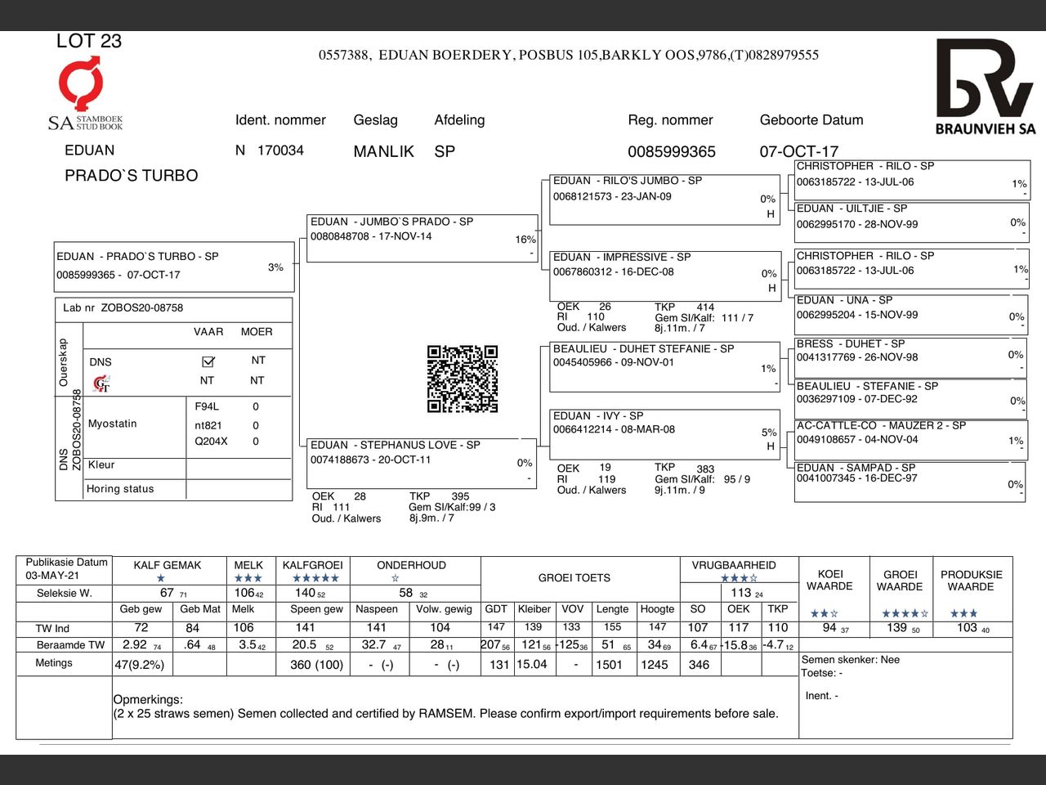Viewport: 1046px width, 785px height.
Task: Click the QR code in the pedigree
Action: [x=463, y=379]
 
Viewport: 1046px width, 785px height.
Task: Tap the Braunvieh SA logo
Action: [x=985, y=85]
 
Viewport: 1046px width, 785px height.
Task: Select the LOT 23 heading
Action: [x=88, y=41]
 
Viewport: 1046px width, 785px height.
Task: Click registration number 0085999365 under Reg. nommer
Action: [x=671, y=151]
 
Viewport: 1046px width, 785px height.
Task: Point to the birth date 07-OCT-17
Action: [x=798, y=151]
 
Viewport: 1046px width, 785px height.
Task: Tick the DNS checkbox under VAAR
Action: [x=208, y=361]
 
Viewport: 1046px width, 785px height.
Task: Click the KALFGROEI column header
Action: [x=312, y=565]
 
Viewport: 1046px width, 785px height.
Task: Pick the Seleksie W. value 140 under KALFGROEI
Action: [x=306, y=593]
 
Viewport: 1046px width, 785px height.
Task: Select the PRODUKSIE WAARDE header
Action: [x=971, y=580]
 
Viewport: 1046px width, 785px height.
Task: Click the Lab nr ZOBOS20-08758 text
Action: [x=123, y=308]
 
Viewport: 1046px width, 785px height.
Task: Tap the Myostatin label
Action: [x=113, y=424]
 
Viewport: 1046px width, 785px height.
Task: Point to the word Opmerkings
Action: [x=148, y=699]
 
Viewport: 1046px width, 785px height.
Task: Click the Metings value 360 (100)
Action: [x=316, y=665]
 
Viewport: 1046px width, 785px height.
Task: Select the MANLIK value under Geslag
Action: [x=383, y=151]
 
